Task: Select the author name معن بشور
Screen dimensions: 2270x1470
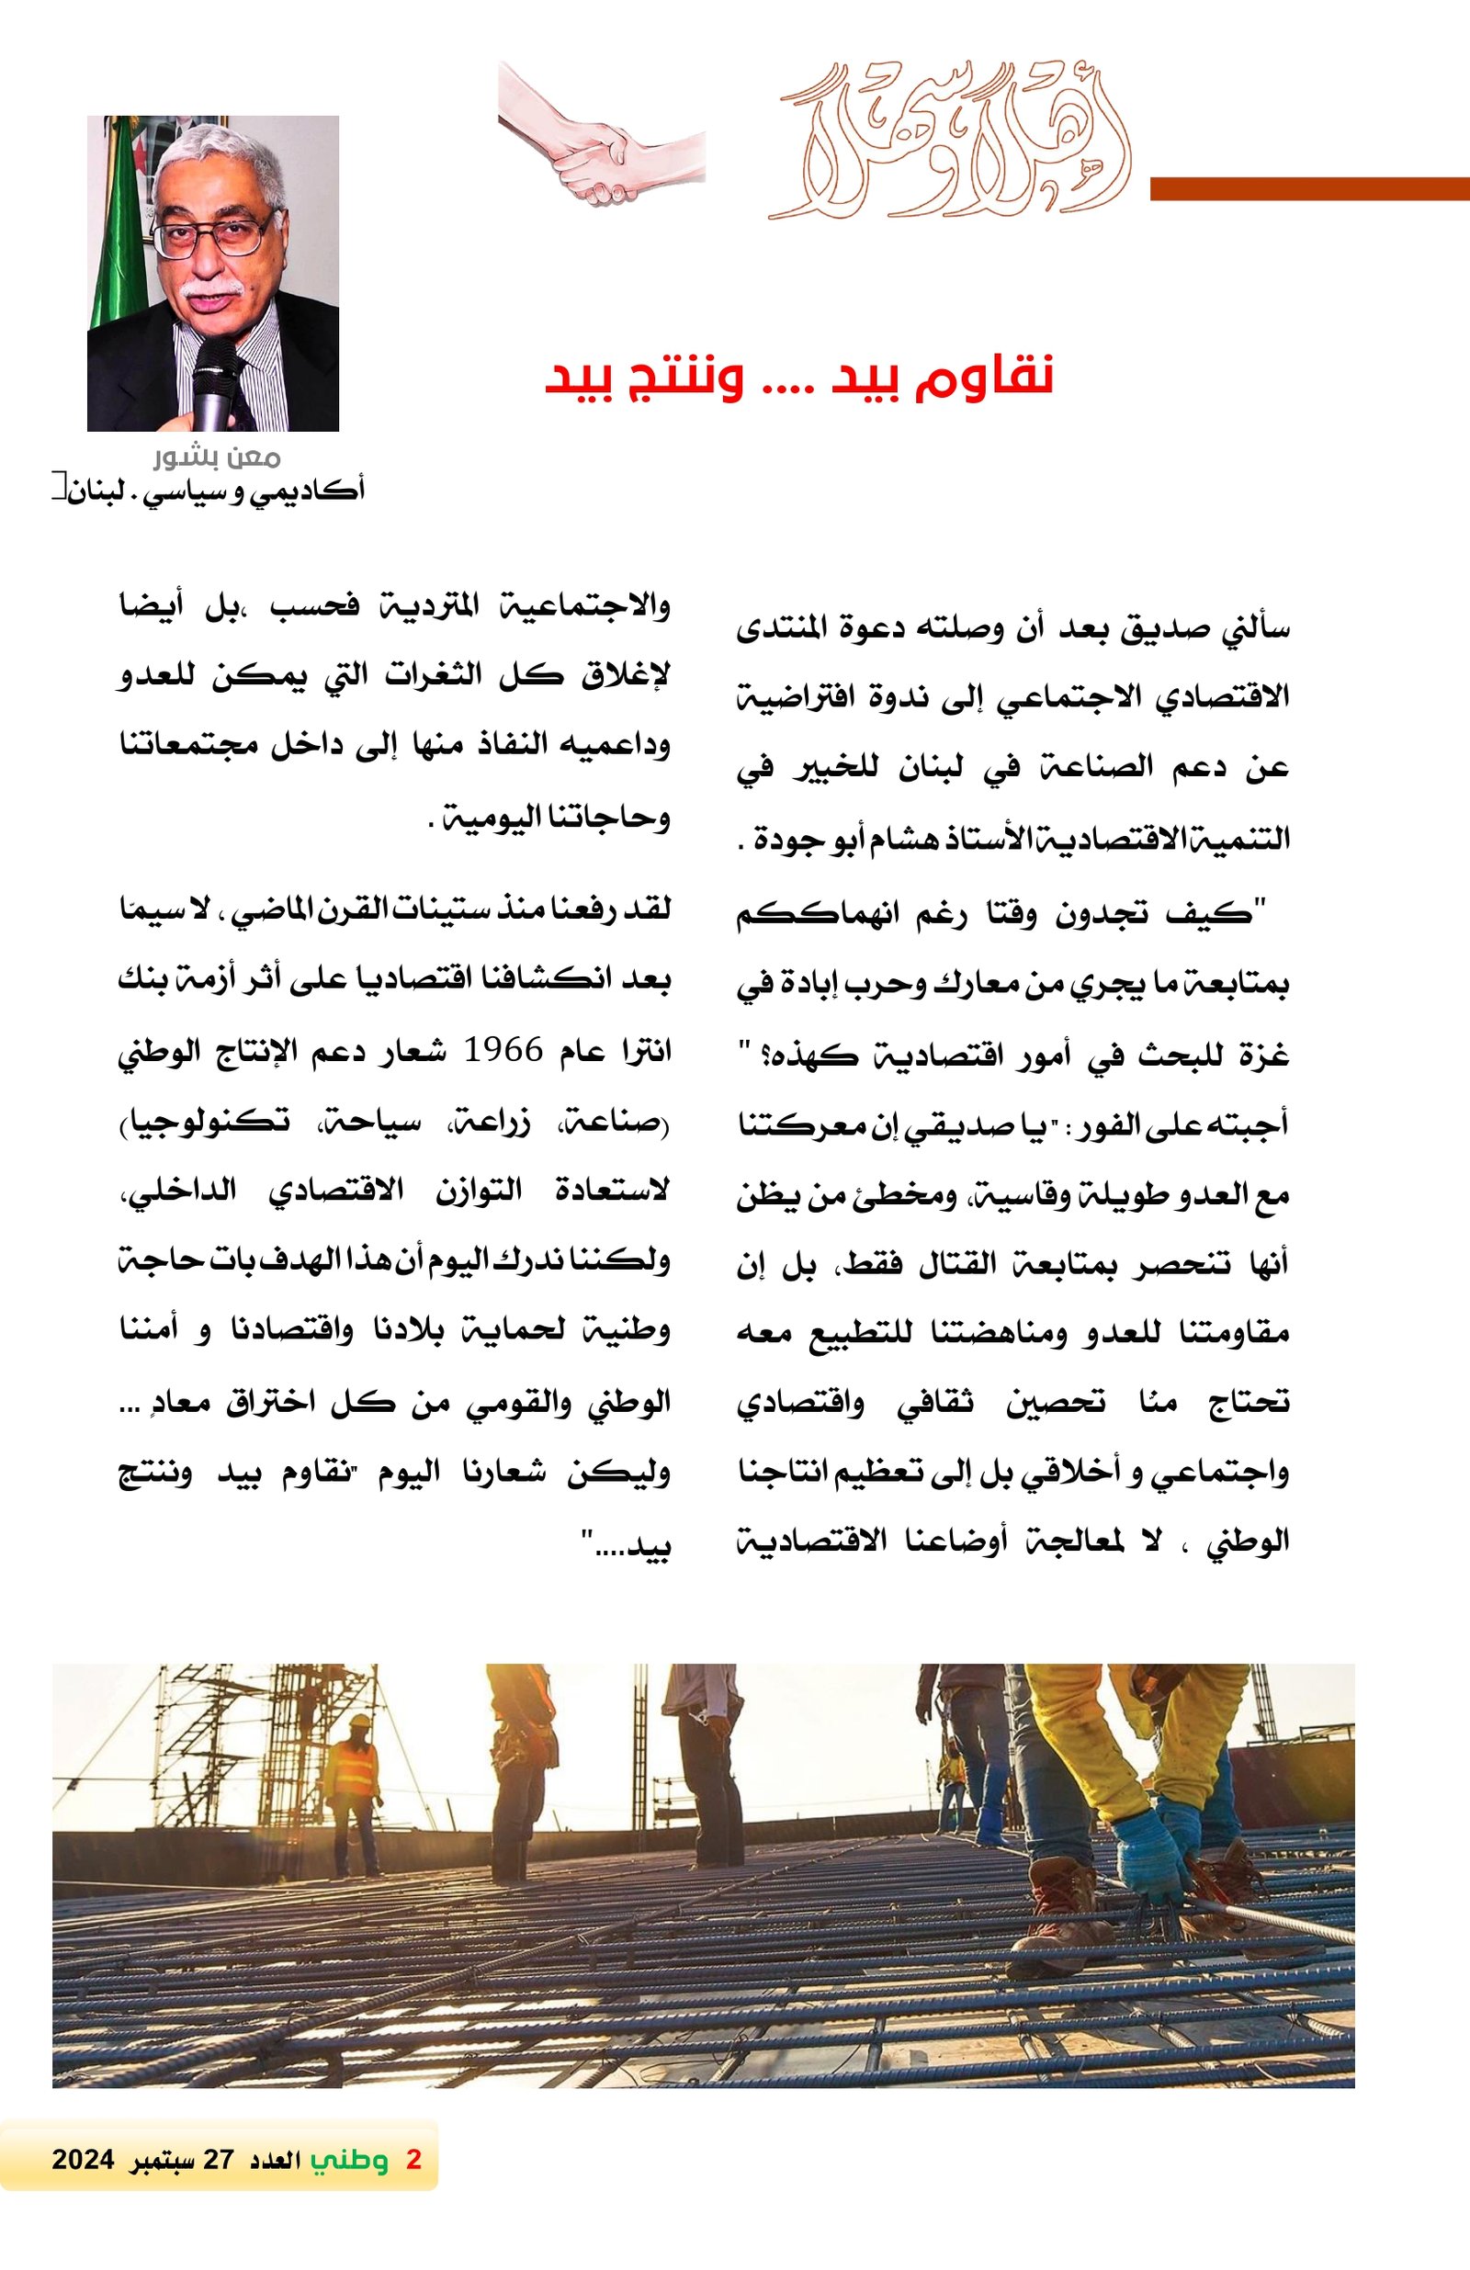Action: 218,457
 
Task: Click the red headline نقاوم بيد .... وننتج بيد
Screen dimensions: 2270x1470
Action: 799,377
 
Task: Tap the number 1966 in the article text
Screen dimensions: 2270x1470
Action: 503,1051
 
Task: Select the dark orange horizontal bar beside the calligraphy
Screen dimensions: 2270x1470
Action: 1309,189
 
